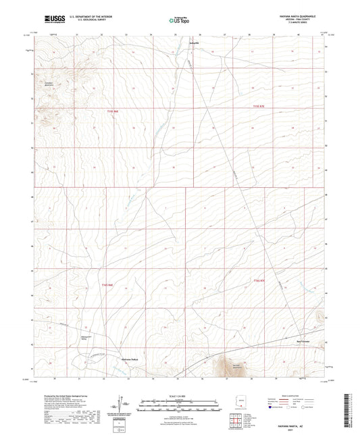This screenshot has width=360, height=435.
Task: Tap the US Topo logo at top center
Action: (x=178, y=20)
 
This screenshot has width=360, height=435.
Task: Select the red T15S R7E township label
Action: (x=260, y=106)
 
